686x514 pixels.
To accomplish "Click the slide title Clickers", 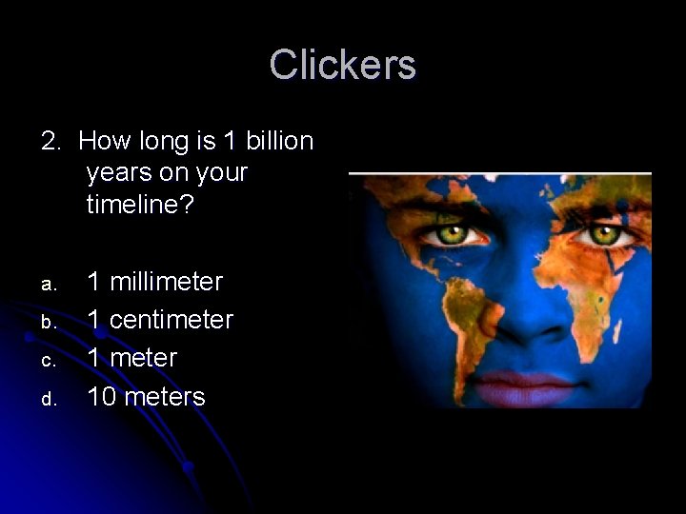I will point(342,65).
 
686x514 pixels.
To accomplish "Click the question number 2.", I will point(50,142).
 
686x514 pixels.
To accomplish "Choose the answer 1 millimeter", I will point(155,282).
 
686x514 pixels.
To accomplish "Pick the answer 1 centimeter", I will point(160,320).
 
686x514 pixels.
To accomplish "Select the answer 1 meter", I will point(132,358).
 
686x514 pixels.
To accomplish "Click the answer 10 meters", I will point(146,396).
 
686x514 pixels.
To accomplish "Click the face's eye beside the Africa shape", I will point(602,233).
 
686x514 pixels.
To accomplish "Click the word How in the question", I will point(100,142).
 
